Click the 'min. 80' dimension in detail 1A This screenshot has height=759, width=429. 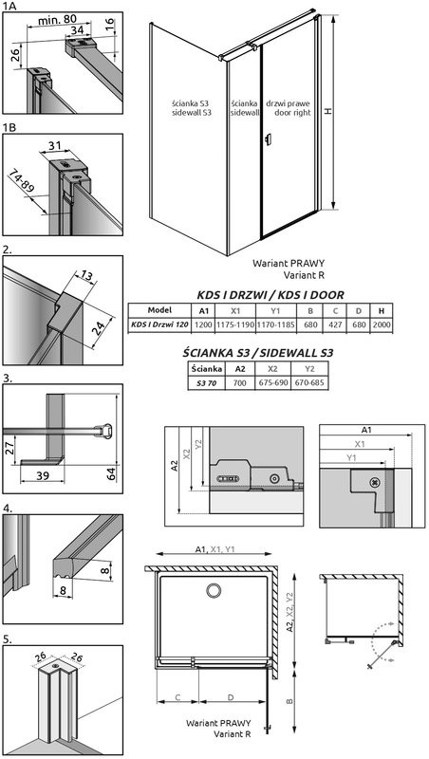(56, 19)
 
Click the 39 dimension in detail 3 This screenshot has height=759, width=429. (43, 476)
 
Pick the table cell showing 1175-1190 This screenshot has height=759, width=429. (234, 325)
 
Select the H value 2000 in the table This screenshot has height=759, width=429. (382, 325)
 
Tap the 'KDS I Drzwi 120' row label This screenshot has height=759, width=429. (159, 325)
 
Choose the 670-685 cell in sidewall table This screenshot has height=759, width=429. (309, 383)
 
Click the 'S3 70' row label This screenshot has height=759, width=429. (205, 383)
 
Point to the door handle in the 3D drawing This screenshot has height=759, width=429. (268, 140)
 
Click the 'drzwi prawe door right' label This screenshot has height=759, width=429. (289, 108)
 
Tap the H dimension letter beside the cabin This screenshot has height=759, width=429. (328, 111)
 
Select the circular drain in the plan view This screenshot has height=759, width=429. (213, 590)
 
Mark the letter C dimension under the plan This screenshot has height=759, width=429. (177, 697)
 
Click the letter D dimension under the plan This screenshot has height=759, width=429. (231, 697)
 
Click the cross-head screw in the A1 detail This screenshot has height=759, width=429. (374, 482)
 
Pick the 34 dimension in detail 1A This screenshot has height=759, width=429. (77, 30)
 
